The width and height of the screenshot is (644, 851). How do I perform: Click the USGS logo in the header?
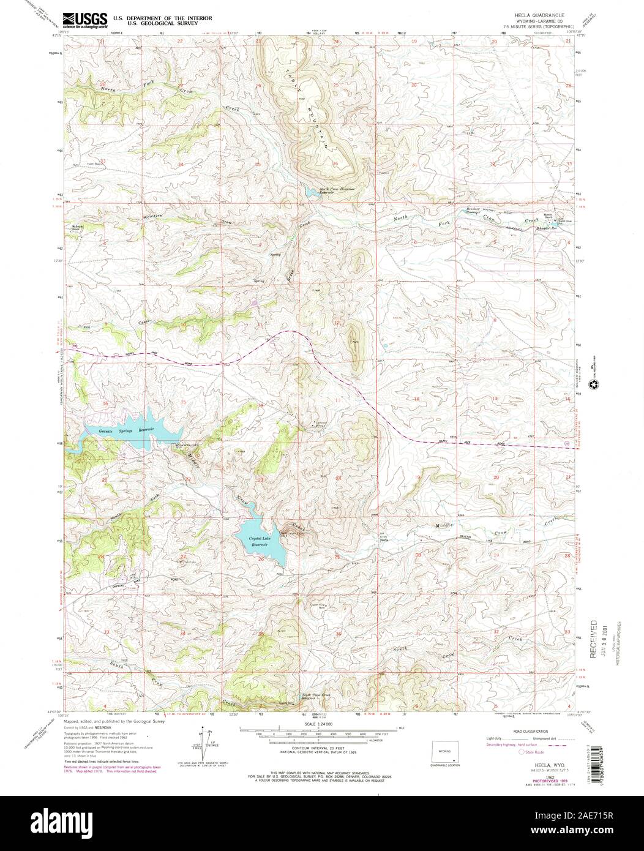(84, 18)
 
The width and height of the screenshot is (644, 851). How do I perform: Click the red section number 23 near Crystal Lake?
(260, 481)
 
